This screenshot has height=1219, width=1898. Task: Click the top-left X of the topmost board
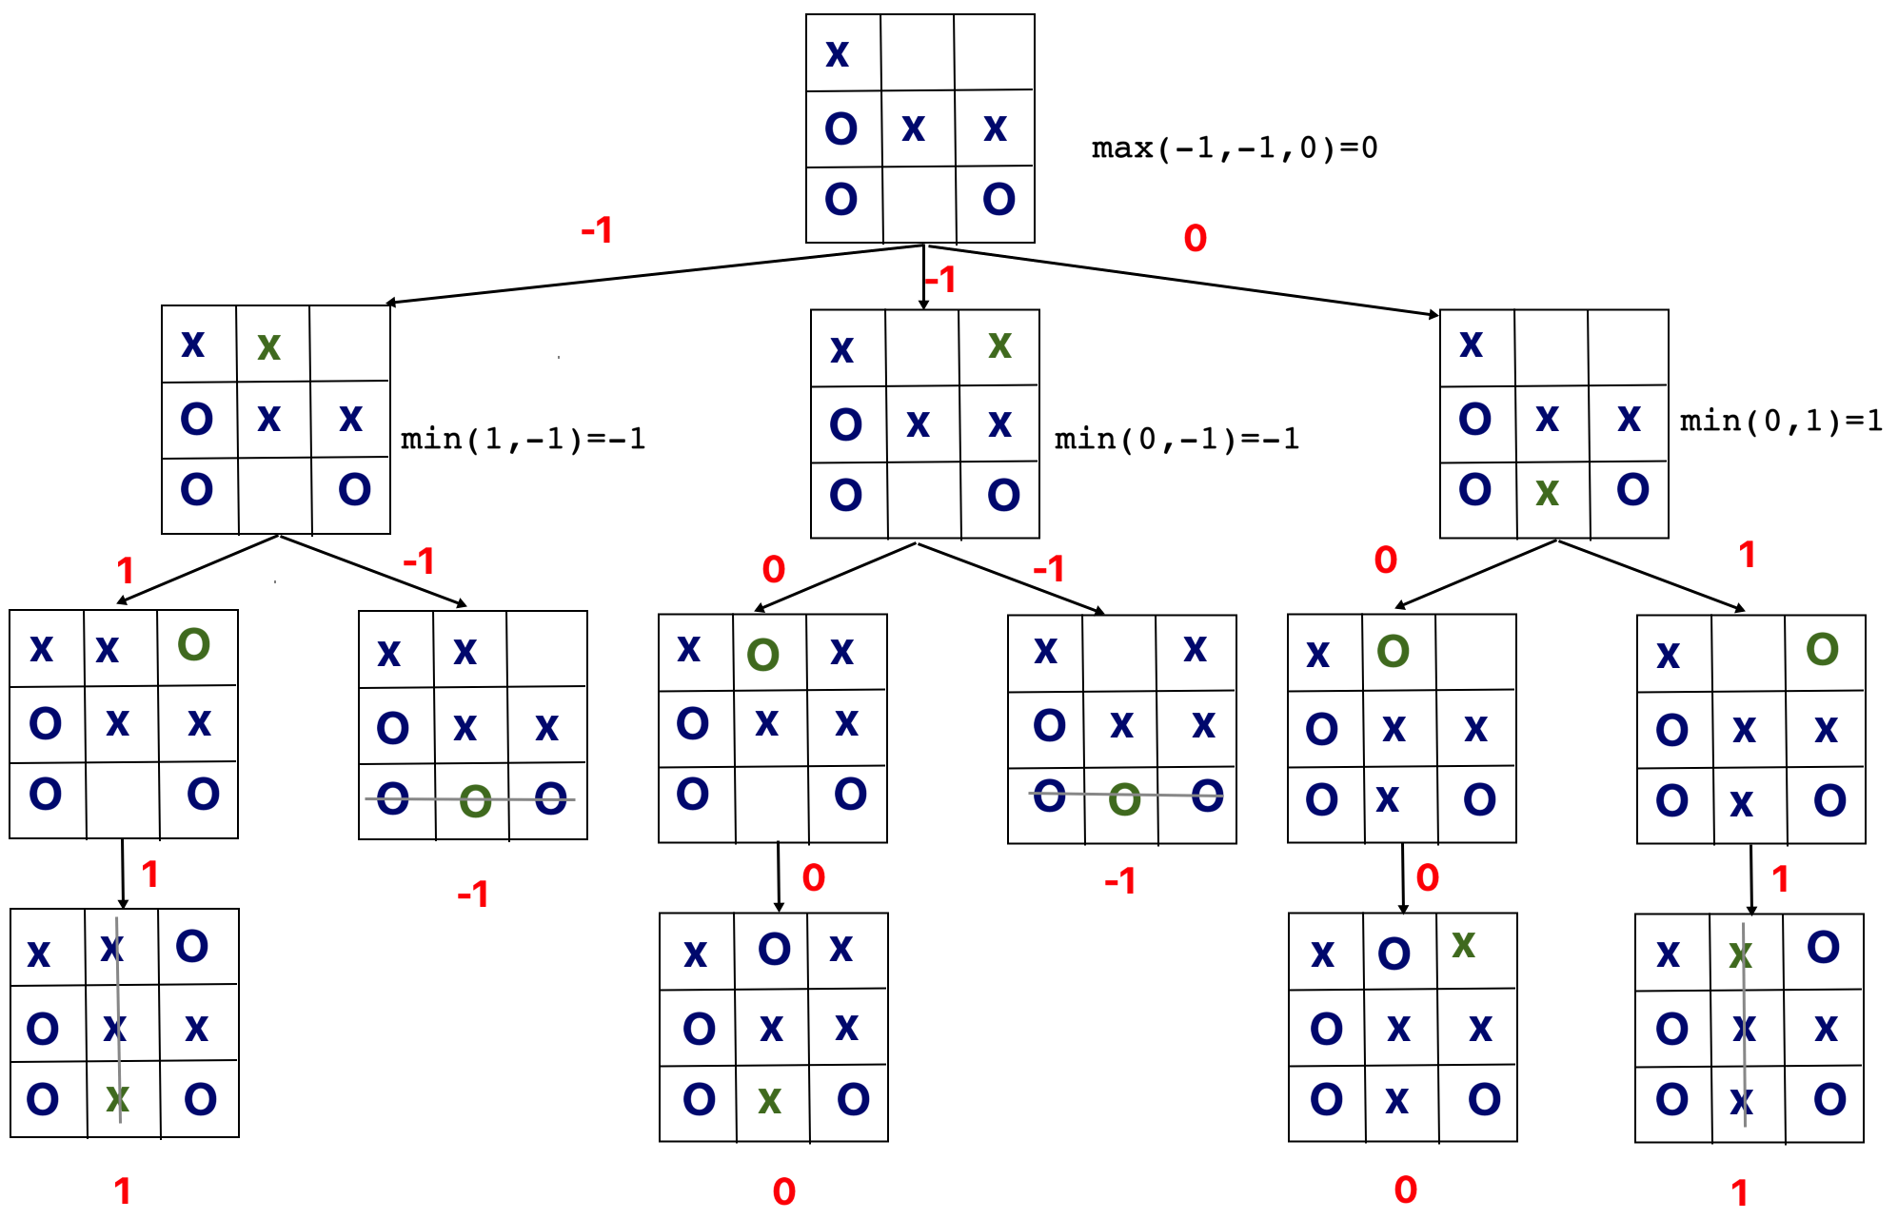click(x=837, y=54)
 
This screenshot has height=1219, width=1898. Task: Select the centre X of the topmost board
click(x=913, y=128)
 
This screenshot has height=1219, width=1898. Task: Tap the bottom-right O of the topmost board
click(x=998, y=200)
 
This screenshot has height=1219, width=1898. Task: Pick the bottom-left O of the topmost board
click(x=840, y=200)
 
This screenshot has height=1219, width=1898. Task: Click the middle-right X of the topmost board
click(x=995, y=128)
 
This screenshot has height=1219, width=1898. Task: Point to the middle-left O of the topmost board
click(x=840, y=128)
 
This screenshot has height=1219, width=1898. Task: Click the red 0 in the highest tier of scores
click(x=1195, y=238)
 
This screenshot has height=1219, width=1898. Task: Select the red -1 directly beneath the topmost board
click(x=939, y=280)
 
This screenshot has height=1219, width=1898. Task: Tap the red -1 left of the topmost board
click(x=597, y=230)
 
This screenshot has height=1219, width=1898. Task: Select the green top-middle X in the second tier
click(x=268, y=347)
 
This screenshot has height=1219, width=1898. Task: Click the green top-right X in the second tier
click(x=999, y=344)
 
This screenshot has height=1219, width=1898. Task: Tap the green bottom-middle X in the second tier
click(x=1547, y=493)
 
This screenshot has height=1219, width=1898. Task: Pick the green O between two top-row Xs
click(x=762, y=655)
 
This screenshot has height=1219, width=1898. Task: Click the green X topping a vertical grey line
click(x=1740, y=954)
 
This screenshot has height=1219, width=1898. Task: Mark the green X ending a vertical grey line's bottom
click(x=117, y=1099)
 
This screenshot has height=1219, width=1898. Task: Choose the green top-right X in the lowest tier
click(x=1463, y=944)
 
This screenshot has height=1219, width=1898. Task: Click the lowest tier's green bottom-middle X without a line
click(x=769, y=1101)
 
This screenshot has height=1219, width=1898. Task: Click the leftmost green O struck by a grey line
click(x=475, y=801)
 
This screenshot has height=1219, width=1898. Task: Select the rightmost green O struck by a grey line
click(x=1124, y=799)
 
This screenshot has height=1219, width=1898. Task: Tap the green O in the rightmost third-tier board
click(x=1822, y=650)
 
